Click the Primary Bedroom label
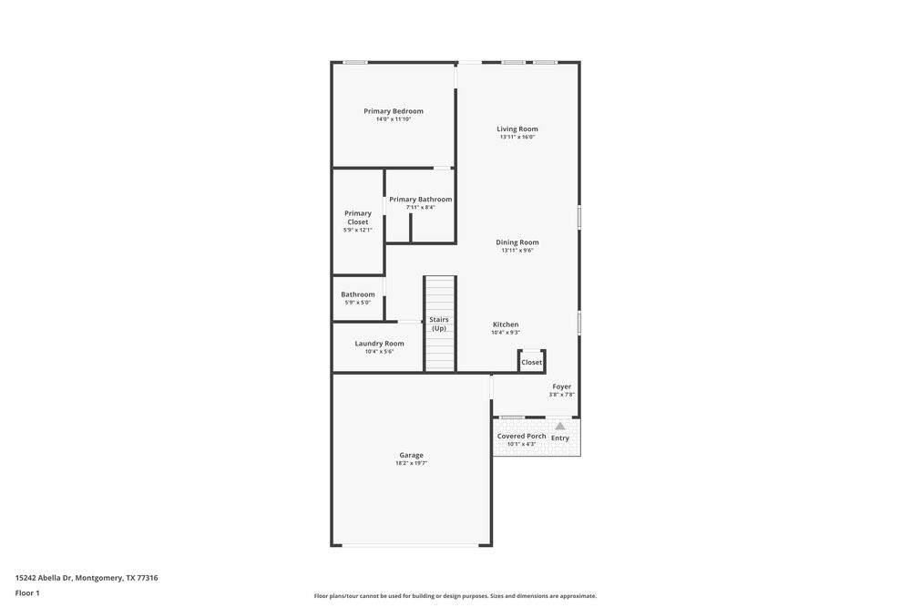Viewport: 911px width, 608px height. pyautogui.click(x=394, y=111)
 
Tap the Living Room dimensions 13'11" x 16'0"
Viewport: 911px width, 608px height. pyautogui.click(x=517, y=137)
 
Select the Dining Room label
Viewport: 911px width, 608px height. pyautogui.click(x=517, y=242)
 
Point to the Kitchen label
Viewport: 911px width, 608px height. pyautogui.click(x=506, y=325)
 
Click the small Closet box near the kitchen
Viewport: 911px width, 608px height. pyautogui.click(x=532, y=361)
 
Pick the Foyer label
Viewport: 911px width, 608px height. pyautogui.click(x=562, y=386)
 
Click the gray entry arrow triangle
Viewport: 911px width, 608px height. pyautogui.click(x=559, y=426)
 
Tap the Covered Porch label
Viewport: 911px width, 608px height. pyautogui.click(x=522, y=436)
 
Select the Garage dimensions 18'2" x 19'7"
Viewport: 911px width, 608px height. pyautogui.click(x=412, y=463)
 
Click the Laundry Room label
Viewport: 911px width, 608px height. pyautogui.click(x=379, y=344)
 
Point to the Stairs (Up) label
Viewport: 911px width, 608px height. pyautogui.click(x=439, y=324)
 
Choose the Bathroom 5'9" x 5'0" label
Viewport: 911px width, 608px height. pyautogui.click(x=358, y=298)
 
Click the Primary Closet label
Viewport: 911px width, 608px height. pyautogui.click(x=358, y=217)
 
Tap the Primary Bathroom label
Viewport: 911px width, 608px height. pyautogui.click(x=421, y=200)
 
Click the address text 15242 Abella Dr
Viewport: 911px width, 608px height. pyautogui.click(x=44, y=578)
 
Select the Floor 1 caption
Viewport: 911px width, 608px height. pyautogui.click(x=27, y=593)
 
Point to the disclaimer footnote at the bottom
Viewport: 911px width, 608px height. pyautogui.click(x=455, y=596)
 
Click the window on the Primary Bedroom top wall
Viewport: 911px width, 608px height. pyautogui.click(x=354, y=62)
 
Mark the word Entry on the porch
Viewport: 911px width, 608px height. pyautogui.click(x=560, y=438)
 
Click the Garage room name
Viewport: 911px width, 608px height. pyautogui.click(x=412, y=455)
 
